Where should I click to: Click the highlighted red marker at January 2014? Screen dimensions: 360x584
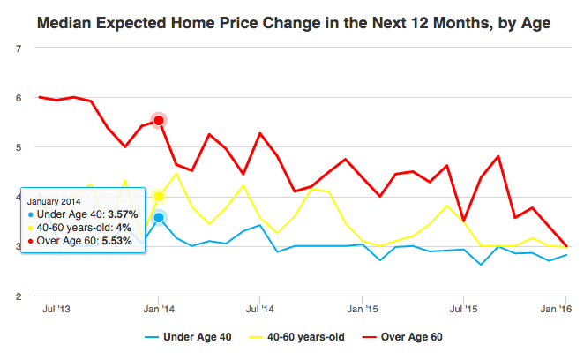[x=159, y=120]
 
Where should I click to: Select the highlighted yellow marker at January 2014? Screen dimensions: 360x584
[x=159, y=196]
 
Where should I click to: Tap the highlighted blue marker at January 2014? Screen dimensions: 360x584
[x=159, y=217]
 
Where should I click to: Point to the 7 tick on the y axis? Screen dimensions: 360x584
[x=19, y=48]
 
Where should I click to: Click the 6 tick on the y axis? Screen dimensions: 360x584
[x=19, y=98]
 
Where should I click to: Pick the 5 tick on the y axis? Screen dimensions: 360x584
[x=19, y=147]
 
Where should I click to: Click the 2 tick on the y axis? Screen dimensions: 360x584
[x=19, y=296]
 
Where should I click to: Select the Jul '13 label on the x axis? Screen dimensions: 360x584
[x=57, y=311]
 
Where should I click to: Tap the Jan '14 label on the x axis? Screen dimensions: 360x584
[x=159, y=311]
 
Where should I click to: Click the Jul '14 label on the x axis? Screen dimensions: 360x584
[x=259, y=311]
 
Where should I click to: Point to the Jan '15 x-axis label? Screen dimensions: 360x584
[x=362, y=311]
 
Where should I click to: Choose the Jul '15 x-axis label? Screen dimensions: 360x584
[x=463, y=311]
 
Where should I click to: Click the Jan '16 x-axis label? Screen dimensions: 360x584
[x=553, y=311]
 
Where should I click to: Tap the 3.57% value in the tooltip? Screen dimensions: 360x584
[x=120, y=214]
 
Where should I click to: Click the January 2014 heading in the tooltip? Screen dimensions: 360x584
[x=55, y=200]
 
